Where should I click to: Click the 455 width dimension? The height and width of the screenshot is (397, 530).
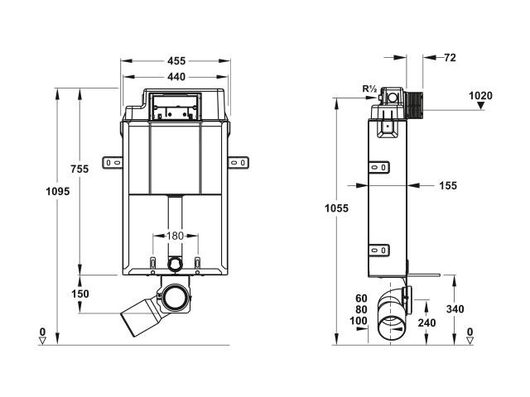tap(176, 60)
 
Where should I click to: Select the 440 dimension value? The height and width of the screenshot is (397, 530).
tap(176, 77)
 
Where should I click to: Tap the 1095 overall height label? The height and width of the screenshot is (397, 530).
tap(58, 191)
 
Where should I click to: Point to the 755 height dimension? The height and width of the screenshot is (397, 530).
tap(79, 169)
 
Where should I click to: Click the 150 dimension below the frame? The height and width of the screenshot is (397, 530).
tap(80, 294)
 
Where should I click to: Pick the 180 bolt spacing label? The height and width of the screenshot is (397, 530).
tap(175, 236)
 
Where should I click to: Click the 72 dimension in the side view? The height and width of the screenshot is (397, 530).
tap(450, 58)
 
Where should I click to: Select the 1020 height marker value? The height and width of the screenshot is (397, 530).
tap(480, 96)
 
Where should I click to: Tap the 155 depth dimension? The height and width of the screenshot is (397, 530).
tap(448, 185)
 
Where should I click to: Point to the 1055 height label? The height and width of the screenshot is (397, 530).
tap(336, 208)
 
